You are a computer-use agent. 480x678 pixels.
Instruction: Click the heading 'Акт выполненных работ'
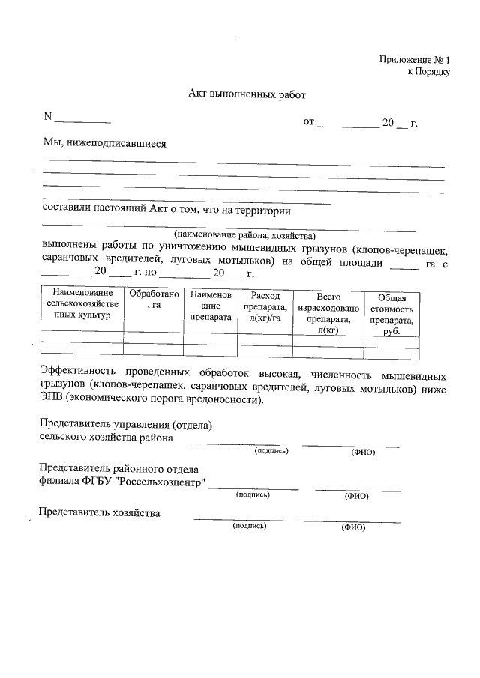click(247, 95)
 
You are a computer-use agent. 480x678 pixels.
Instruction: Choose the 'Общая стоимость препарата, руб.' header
click(391, 314)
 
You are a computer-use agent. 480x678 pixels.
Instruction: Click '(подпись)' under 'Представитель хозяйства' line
click(249, 526)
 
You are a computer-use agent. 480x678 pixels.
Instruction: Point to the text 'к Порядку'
click(428, 72)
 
